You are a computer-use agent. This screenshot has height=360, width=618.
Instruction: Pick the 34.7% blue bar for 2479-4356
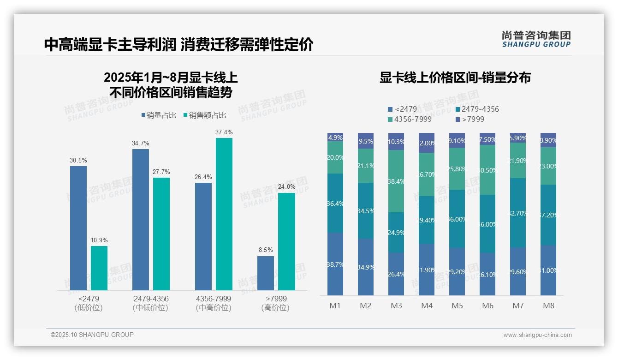pos(141,219)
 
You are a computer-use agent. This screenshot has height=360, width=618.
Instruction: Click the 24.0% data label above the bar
pos(286,187)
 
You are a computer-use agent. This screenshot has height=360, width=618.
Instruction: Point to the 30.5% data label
pos(78,160)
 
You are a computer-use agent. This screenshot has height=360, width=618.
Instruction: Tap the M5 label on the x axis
pos(457,306)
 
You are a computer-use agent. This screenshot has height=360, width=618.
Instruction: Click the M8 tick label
pos(548,306)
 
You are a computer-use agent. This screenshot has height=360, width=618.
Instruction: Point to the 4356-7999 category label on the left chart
pos(214,299)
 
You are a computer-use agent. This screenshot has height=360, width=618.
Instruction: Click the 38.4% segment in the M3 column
pos(396,181)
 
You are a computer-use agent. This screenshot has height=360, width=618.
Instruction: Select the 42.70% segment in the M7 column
pos(518,213)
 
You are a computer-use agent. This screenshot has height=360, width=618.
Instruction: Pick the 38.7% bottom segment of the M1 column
pos(335,264)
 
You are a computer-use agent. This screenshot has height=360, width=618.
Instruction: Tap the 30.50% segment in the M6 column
pos(487,170)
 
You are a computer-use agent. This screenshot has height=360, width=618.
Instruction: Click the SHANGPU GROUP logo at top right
pos(536,39)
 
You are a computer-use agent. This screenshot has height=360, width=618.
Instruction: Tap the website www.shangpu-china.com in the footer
pos(537,335)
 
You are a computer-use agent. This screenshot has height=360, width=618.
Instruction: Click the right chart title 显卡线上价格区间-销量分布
pos(455,78)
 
